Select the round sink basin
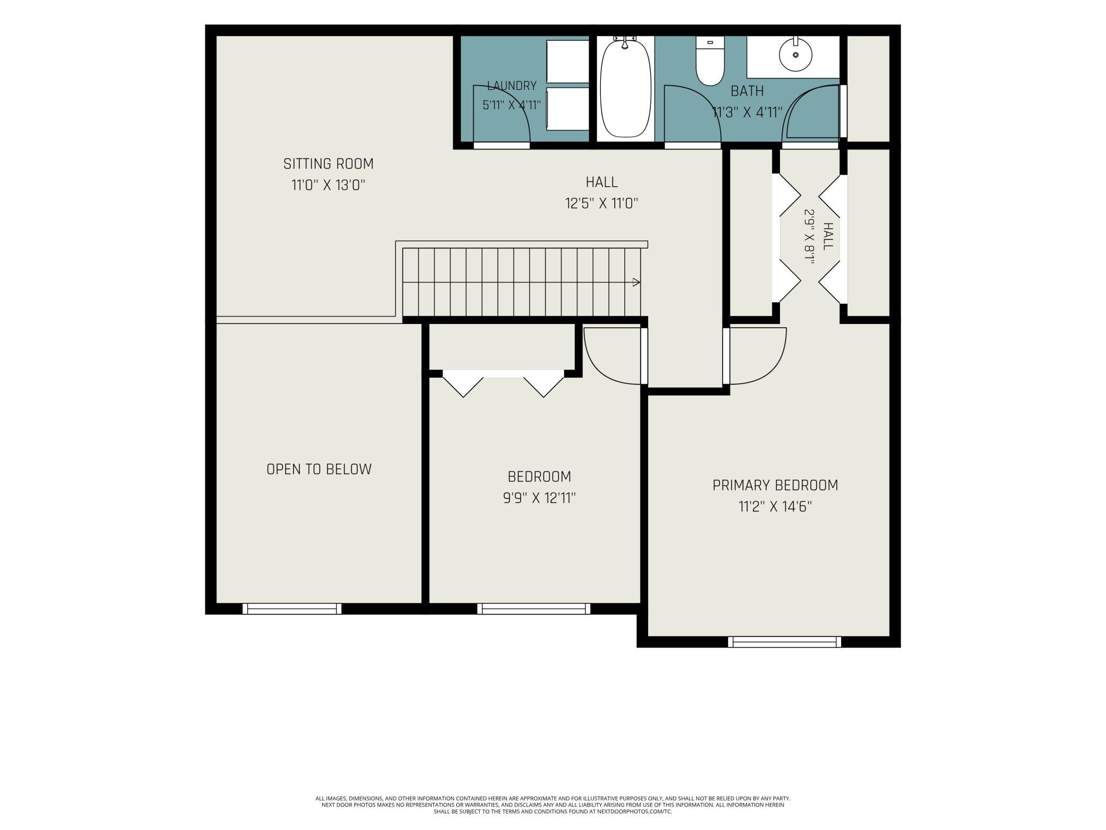[796, 55]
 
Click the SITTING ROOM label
[329, 164]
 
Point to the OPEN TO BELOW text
[319, 469]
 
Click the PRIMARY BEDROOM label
[775, 485]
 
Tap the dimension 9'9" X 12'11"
[540, 499]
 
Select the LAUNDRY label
[512, 86]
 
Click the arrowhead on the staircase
[636, 283]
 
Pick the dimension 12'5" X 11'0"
[601, 204]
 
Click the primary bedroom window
[784, 642]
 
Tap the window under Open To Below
[292, 609]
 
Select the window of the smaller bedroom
[533, 609]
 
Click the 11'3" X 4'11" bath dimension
[747, 113]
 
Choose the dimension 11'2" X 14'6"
[775, 507]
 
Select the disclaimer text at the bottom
[553, 805]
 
